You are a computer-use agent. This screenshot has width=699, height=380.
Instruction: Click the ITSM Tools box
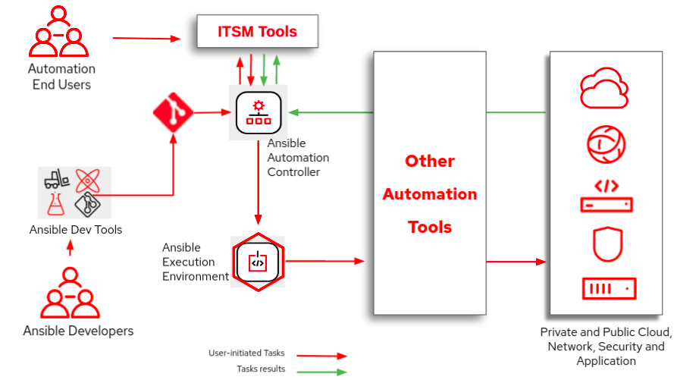[x=257, y=32]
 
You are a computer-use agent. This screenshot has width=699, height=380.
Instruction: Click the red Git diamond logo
[x=173, y=113]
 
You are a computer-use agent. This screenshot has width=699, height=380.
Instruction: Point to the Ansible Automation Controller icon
[x=259, y=113]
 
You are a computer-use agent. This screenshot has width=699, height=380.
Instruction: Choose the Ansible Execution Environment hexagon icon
[x=258, y=262]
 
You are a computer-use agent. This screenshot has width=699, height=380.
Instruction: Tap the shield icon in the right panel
[x=607, y=243]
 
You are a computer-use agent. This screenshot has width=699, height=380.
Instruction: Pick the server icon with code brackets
[x=607, y=196]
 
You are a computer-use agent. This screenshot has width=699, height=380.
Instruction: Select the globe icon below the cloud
[x=607, y=144]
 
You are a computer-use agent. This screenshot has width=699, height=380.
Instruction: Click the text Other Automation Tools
[x=429, y=194]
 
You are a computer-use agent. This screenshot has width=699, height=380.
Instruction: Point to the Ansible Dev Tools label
[x=76, y=230]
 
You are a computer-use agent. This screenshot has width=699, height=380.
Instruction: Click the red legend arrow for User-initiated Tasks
[x=321, y=355]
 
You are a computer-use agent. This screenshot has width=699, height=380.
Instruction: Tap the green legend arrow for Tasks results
[x=321, y=372]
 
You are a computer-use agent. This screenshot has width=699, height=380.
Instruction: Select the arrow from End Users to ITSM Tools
[x=150, y=37]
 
